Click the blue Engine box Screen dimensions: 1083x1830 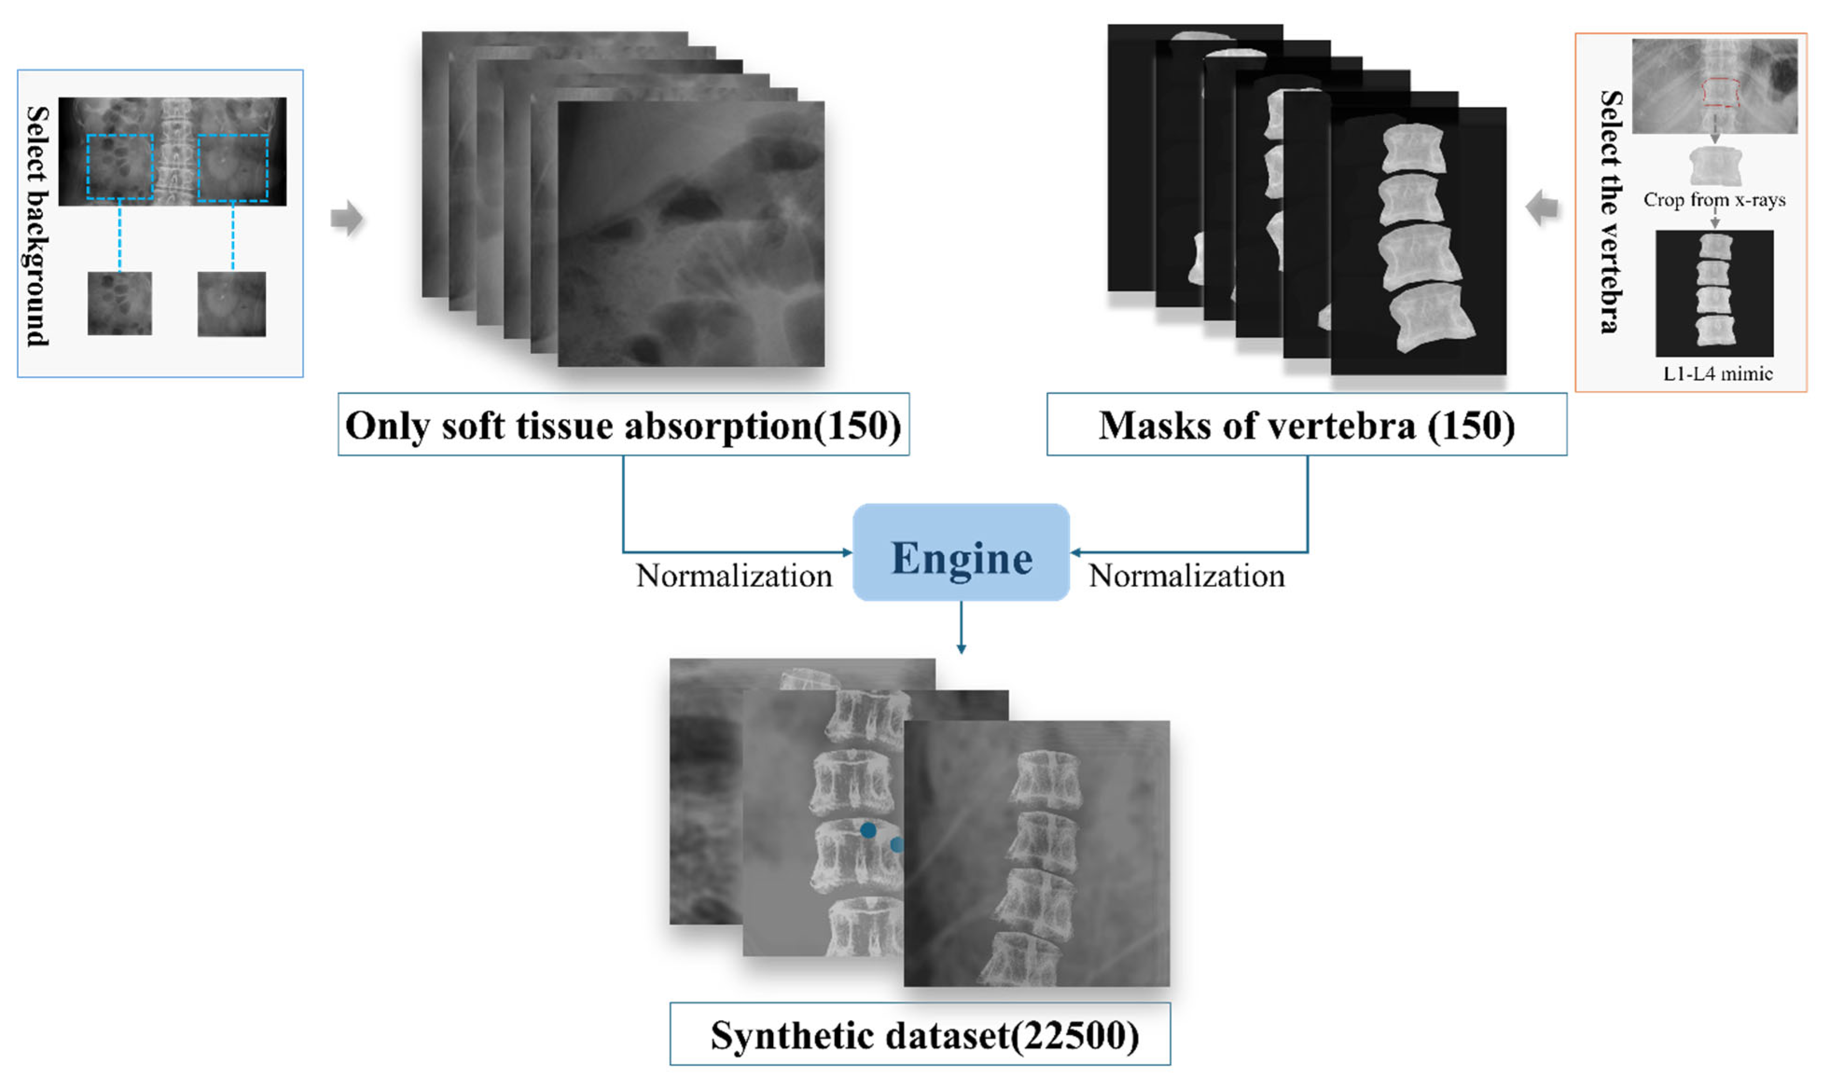coord(961,552)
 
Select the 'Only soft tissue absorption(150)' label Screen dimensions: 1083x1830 coord(623,425)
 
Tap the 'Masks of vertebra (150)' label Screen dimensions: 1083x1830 coord(1306,425)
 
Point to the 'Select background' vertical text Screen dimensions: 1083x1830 coord(37,226)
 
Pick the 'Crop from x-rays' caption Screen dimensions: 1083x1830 coord(1714,200)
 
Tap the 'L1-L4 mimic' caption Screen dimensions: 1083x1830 coord(1718,373)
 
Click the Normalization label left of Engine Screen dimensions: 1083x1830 coord(733,576)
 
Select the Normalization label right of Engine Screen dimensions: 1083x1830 coord(1187,576)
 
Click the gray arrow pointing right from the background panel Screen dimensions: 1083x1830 coord(346,217)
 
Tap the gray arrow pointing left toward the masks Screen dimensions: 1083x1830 coord(1542,207)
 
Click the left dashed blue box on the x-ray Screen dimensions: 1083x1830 coord(120,166)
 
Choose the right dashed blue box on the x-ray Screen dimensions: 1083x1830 coord(233,167)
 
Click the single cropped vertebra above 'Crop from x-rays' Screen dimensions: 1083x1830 coord(1715,166)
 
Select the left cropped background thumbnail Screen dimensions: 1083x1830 coord(120,303)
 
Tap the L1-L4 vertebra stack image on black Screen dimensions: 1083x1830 coord(1714,293)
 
